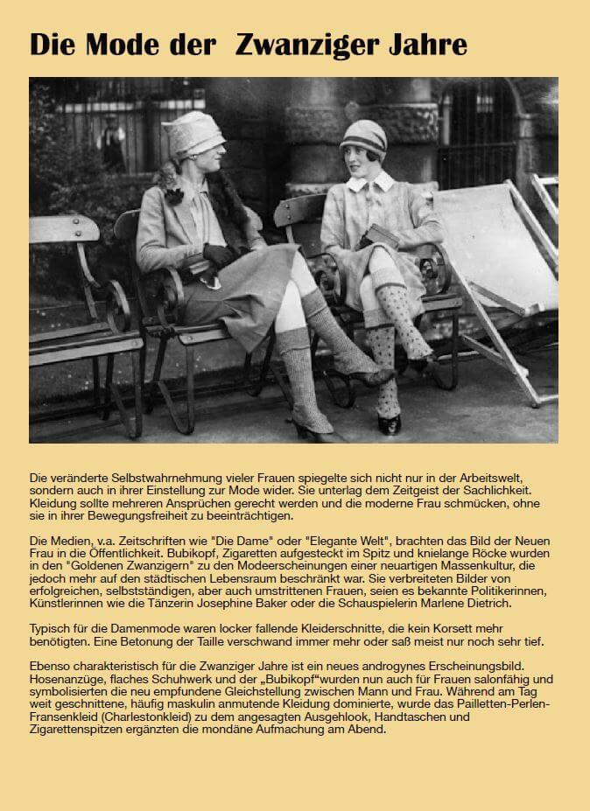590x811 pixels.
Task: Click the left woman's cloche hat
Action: pos(193,133)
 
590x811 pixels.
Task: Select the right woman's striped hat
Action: pos(362,137)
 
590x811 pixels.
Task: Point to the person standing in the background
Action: pos(111,140)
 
